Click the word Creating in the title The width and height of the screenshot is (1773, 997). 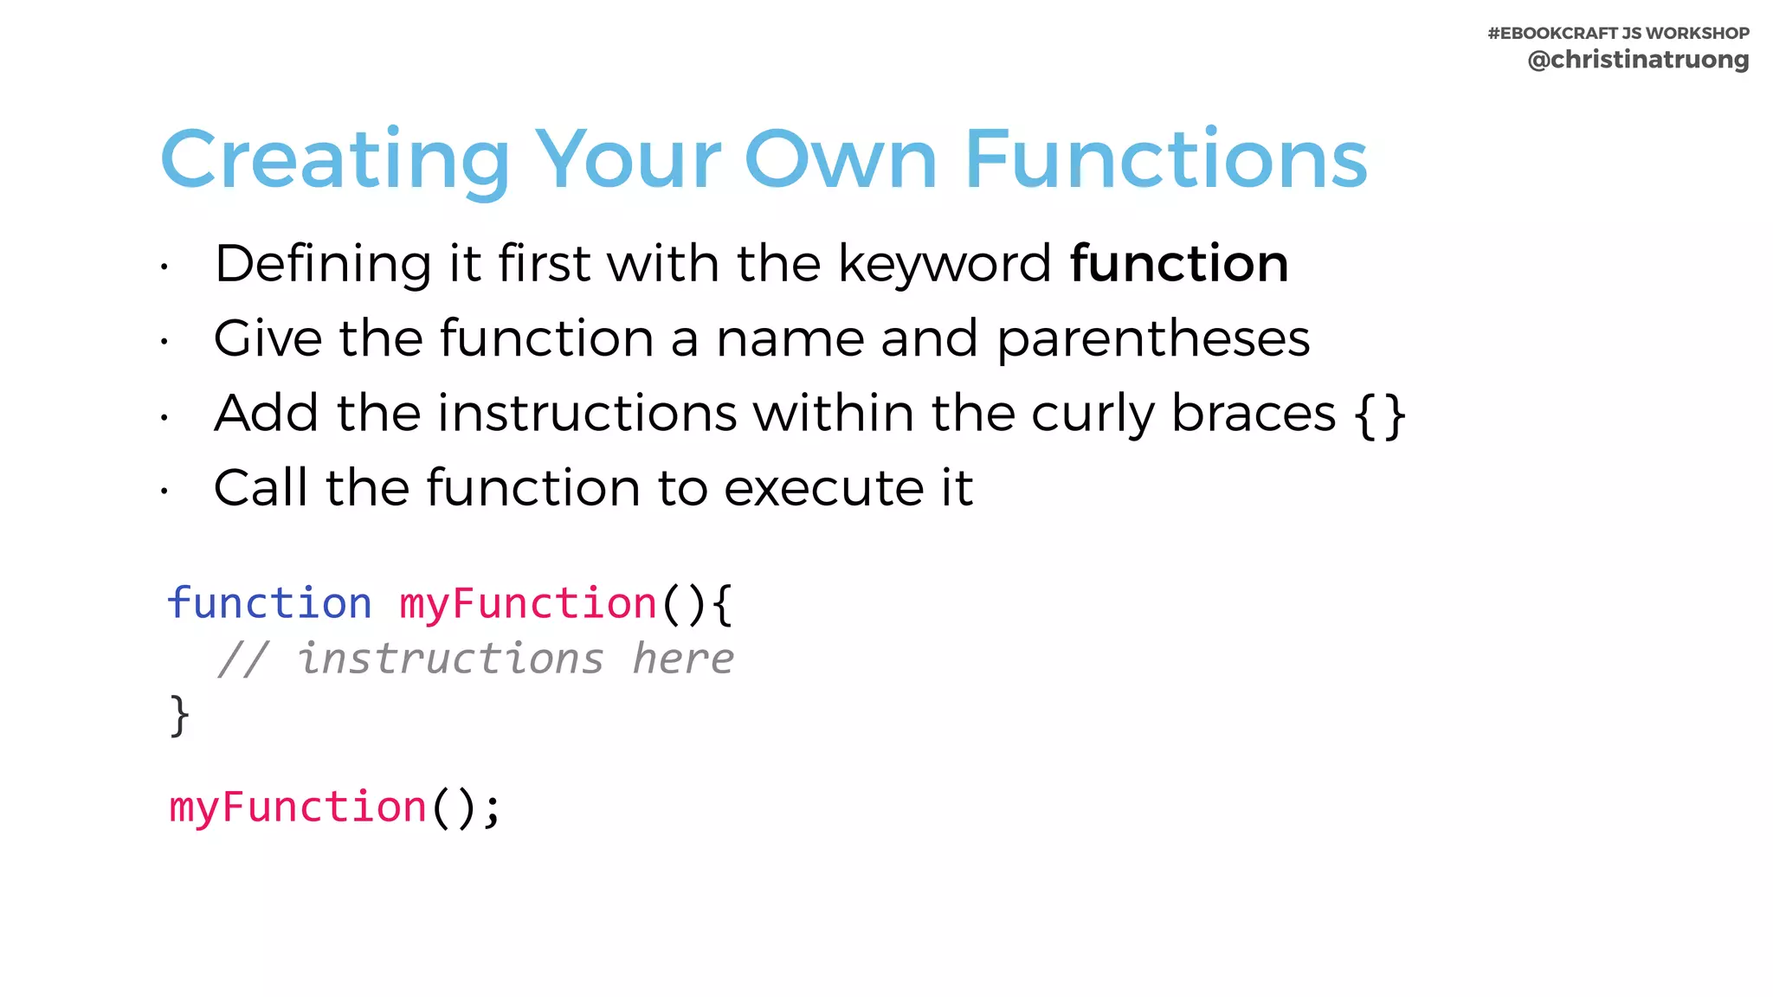(335, 160)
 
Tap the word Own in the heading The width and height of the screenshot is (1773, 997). (841, 160)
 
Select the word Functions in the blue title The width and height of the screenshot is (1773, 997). (1165, 160)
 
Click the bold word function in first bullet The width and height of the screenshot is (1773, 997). (1179, 264)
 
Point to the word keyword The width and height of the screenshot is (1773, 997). (945, 264)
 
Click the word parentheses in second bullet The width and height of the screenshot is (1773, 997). (1153, 338)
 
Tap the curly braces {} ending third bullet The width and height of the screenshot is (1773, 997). (1380, 415)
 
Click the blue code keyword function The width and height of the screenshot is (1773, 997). (269, 603)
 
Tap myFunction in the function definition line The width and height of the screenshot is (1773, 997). (528, 603)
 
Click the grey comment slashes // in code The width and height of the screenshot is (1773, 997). (243, 659)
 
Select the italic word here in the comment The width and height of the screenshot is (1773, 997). (683, 659)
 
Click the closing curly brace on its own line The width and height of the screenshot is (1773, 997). (179, 715)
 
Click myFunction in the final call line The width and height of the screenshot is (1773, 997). (298, 808)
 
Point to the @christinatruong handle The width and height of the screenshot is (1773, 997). (1638, 60)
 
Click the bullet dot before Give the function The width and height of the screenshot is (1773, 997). (164, 342)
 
